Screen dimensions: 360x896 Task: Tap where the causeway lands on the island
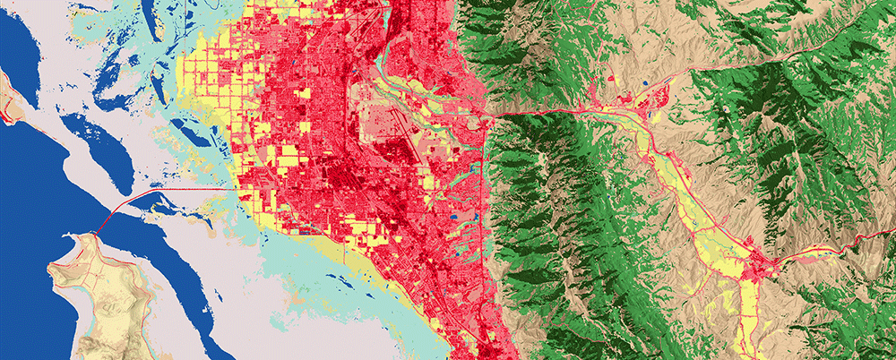click(x=96, y=234)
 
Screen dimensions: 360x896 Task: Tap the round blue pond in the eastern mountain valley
click(x=645, y=83)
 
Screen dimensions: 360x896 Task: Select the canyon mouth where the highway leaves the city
click(x=489, y=112)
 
